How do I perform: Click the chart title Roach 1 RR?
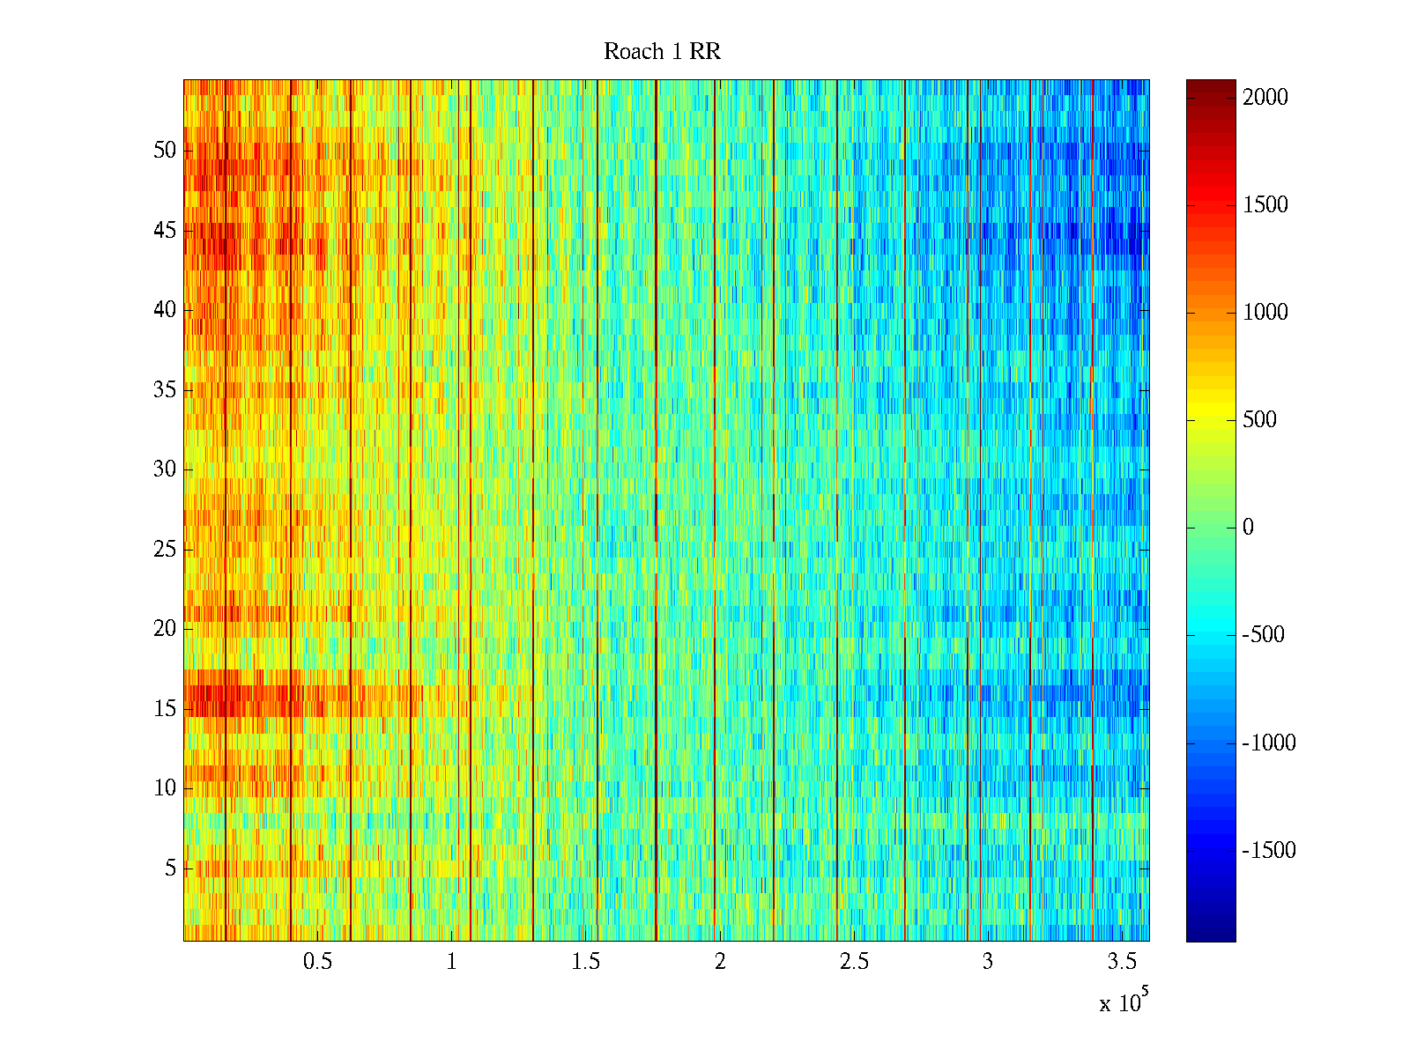pyautogui.click(x=662, y=52)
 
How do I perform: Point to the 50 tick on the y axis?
pyautogui.click(x=165, y=151)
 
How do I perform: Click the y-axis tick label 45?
pyautogui.click(x=165, y=231)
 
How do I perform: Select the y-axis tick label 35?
pyautogui.click(x=165, y=390)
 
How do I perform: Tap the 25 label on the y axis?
pyautogui.click(x=165, y=550)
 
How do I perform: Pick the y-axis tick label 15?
pyautogui.click(x=165, y=709)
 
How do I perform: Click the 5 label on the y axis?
pyautogui.click(x=170, y=869)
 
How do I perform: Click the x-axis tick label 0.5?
pyautogui.click(x=317, y=962)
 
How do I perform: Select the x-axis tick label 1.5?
pyautogui.click(x=585, y=962)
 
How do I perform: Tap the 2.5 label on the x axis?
pyautogui.click(x=853, y=962)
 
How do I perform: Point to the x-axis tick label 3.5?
pyautogui.click(x=1121, y=962)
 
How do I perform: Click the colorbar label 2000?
pyautogui.click(x=1265, y=98)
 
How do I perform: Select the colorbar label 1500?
pyautogui.click(x=1265, y=205)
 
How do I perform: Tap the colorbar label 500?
pyautogui.click(x=1259, y=420)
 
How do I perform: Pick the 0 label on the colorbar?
pyautogui.click(x=1248, y=528)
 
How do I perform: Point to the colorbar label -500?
pyautogui.click(x=1263, y=635)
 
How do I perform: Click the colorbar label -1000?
pyautogui.click(x=1269, y=743)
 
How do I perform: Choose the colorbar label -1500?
pyautogui.click(x=1269, y=851)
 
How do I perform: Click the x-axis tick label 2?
pyautogui.click(x=720, y=962)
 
